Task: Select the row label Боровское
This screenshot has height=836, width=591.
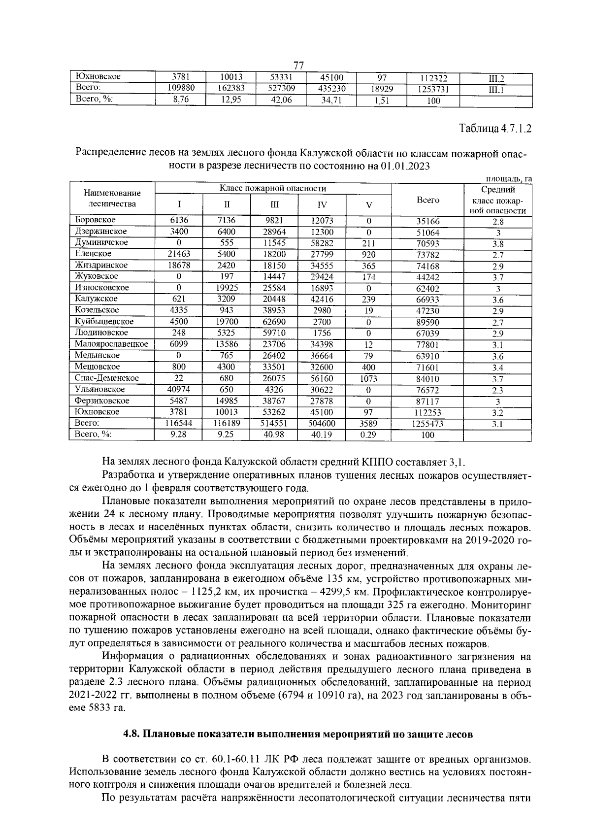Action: (95, 220)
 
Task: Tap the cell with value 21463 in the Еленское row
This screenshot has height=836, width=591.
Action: (178, 254)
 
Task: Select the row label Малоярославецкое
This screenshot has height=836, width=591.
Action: (111, 344)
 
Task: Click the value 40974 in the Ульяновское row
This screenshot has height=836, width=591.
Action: (178, 390)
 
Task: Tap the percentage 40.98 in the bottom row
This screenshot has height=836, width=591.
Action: (274, 435)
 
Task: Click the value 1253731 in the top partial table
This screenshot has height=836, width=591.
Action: (432, 89)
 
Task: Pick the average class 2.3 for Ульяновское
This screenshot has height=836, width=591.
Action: (497, 391)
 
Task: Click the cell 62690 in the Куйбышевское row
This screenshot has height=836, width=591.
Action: (274, 322)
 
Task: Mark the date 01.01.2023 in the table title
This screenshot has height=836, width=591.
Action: (398, 166)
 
